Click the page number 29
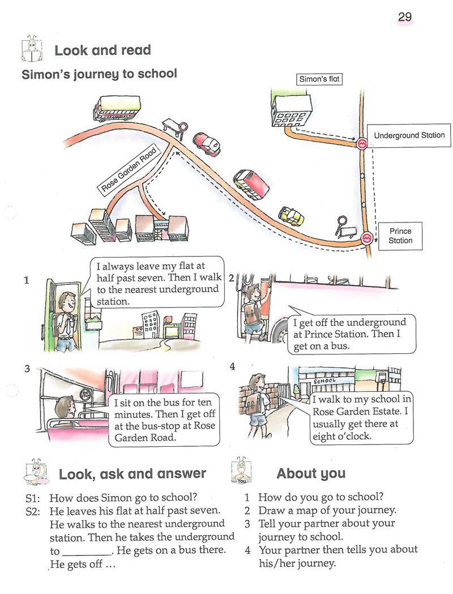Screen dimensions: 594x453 click(x=405, y=17)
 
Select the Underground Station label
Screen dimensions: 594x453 click(x=409, y=136)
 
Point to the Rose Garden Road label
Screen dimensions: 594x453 click(x=129, y=170)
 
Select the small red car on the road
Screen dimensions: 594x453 click(x=206, y=143)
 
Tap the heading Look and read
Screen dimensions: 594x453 click(x=102, y=50)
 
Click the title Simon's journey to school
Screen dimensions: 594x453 click(x=99, y=74)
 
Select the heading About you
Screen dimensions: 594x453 click(x=311, y=473)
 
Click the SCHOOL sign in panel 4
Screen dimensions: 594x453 click(x=324, y=381)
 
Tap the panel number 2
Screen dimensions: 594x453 click(x=232, y=277)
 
